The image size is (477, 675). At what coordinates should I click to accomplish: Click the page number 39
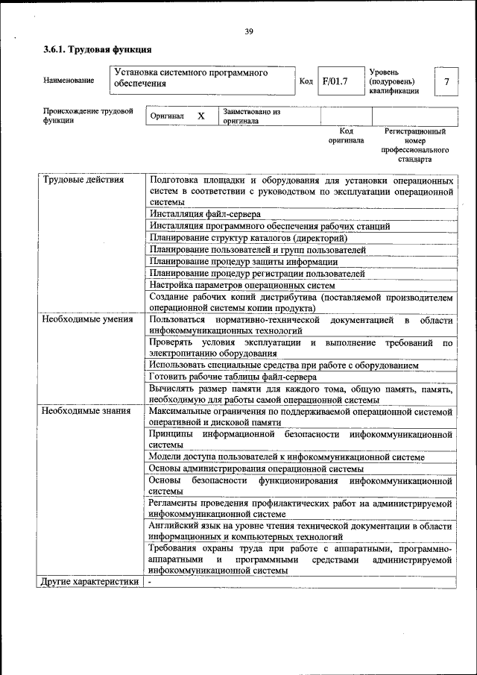click(x=248, y=31)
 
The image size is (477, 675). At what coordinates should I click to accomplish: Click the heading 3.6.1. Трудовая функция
click(x=97, y=50)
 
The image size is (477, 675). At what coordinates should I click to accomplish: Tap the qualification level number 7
click(x=446, y=81)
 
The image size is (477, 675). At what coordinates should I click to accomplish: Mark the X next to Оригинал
click(x=200, y=116)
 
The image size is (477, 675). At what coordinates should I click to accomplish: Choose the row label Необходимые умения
click(x=87, y=320)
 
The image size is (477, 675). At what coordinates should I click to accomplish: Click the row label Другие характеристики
click(x=90, y=582)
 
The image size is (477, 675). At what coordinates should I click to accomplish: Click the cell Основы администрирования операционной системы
click(x=256, y=468)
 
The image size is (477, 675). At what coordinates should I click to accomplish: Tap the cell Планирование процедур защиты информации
click(x=243, y=262)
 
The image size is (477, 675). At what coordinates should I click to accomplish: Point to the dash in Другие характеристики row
click(x=149, y=582)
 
